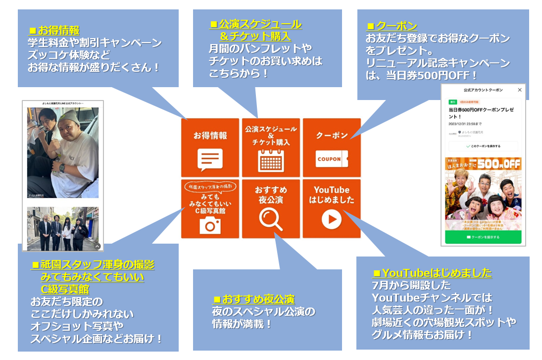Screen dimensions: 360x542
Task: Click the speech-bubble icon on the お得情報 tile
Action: [210, 159]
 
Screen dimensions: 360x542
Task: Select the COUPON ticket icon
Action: [332, 159]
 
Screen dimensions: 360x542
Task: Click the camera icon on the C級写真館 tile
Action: [210, 225]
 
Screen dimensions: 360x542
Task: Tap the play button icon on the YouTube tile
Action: [332, 219]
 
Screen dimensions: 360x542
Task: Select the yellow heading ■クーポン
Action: [392, 26]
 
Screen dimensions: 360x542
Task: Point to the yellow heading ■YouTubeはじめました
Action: [433, 273]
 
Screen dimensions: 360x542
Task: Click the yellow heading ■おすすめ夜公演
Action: [253, 299]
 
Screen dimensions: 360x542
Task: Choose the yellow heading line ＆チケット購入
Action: [255, 36]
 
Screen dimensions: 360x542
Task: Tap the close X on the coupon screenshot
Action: [519, 90]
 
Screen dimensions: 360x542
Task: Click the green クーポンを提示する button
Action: [483, 237]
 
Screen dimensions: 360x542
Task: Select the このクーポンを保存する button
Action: [483, 147]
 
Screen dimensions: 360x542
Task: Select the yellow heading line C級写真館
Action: [65, 289]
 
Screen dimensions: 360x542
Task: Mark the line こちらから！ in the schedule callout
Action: [239, 73]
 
